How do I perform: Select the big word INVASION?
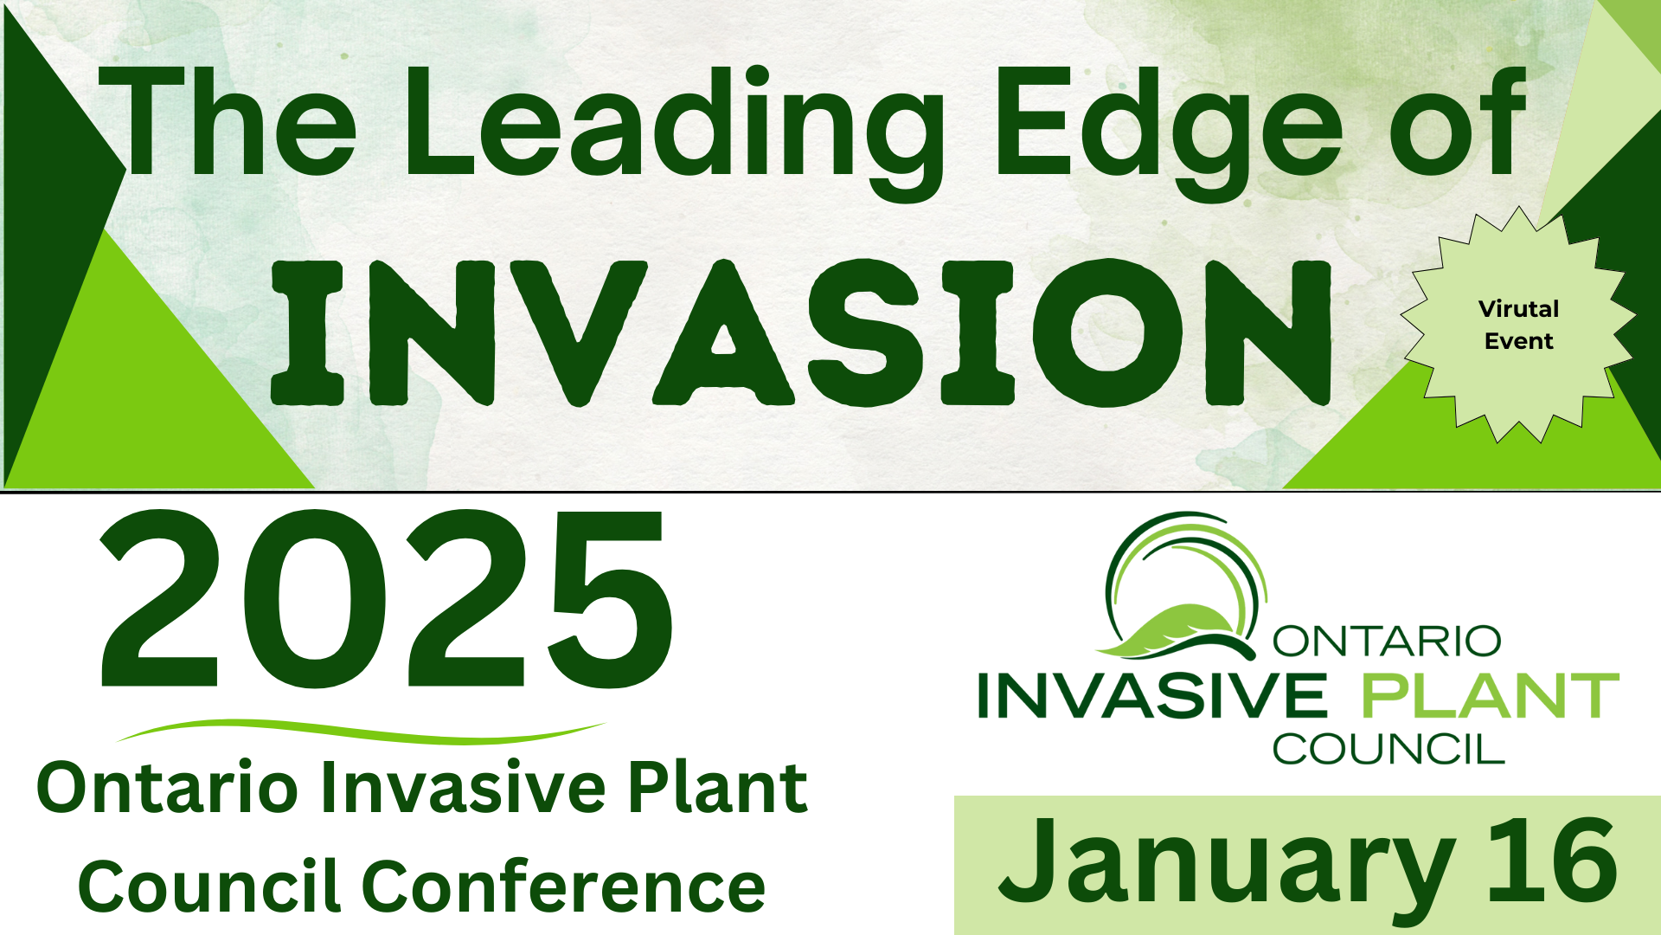[801, 333]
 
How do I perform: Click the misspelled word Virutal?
[1518, 309]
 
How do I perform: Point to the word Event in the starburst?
[1518, 341]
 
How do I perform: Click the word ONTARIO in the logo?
[1386, 642]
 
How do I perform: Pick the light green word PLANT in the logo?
[1490, 696]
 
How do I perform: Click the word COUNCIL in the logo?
[1388, 750]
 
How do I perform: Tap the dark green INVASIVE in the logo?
[1151, 696]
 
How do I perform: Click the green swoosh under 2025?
[361, 732]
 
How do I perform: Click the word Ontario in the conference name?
[168, 787]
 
